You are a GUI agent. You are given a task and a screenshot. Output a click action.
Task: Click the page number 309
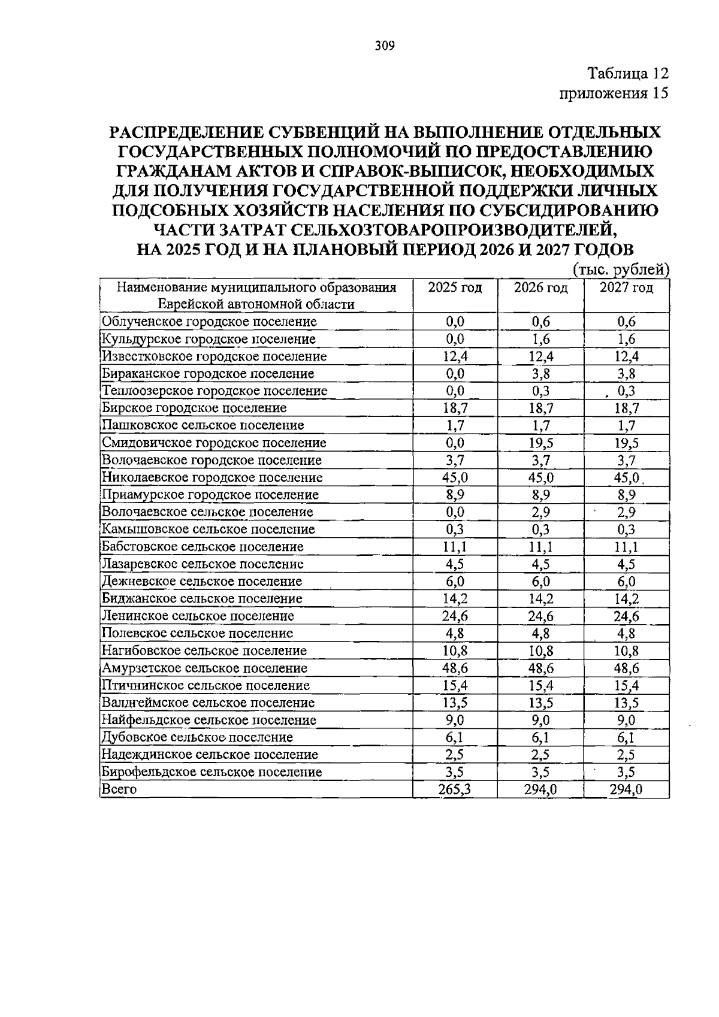point(385,46)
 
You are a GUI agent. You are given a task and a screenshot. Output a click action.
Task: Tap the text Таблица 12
point(627,74)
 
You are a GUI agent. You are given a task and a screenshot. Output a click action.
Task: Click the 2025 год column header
point(455,287)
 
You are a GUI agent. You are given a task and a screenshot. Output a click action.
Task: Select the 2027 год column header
point(626,287)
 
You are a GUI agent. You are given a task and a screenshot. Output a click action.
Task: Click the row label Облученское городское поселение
point(209,322)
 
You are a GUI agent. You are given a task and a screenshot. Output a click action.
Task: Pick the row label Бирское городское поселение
point(194,408)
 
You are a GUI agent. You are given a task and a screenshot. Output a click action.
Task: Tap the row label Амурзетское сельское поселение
point(204,668)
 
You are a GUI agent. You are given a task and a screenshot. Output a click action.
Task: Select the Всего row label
point(119,789)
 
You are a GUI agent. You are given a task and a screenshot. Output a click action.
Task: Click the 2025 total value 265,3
point(455,789)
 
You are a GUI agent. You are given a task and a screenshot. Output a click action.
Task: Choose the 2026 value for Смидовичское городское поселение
point(540,443)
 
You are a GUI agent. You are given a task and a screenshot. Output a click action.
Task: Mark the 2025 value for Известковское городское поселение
point(455,356)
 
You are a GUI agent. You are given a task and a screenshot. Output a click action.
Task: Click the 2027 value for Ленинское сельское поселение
point(626,616)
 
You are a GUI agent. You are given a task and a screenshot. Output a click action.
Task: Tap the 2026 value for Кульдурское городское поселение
point(540,339)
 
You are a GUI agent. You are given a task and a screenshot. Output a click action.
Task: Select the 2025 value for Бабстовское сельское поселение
point(455,546)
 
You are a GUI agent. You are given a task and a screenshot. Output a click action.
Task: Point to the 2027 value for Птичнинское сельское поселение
point(626,685)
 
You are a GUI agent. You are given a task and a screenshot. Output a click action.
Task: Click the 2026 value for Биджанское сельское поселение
point(540,598)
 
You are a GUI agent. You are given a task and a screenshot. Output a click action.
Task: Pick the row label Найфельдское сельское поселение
point(209,720)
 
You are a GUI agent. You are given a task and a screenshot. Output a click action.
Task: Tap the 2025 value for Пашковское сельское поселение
point(455,425)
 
